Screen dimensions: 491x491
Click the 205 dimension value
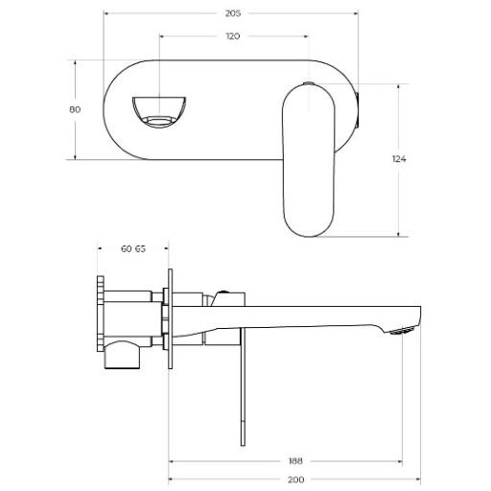pos(233,13)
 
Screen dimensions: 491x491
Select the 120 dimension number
pos(233,36)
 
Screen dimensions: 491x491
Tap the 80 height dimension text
pos(75,109)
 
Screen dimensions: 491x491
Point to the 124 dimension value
pos(399,159)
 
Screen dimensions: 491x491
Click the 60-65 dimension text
pos(133,248)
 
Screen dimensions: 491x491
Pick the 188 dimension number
pos(295,461)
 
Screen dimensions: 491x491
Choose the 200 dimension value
pos(296,479)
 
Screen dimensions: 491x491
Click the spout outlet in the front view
pos(159,111)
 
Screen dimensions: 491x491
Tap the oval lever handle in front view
pos(309,161)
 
